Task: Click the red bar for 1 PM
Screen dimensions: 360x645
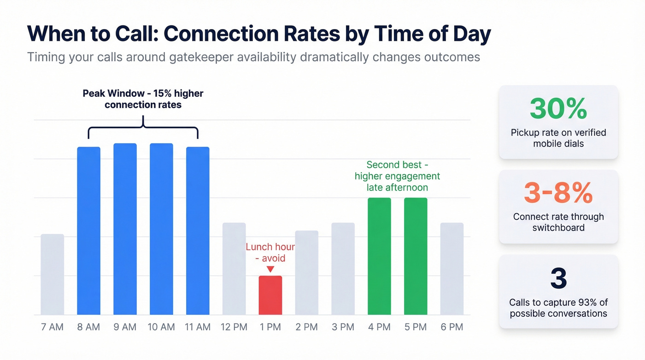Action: (270, 295)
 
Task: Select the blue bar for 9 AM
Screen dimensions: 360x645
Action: (125, 229)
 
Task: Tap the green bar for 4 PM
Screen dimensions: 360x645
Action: (379, 256)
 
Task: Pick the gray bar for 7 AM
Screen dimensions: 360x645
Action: (52, 274)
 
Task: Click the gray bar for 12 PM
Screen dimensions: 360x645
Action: (234, 269)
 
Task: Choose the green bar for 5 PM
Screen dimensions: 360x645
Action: (416, 256)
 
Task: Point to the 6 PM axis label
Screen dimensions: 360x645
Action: (451, 327)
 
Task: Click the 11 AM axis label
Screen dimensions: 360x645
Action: (198, 327)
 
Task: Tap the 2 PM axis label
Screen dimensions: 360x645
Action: (306, 327)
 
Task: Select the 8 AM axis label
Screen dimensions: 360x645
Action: (88, 327)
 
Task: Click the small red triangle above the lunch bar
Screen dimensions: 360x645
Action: (270, 269)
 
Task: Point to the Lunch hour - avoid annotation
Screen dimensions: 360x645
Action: (270, 252)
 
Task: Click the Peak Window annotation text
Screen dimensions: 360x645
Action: (143, 99)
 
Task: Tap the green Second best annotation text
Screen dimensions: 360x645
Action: (397, 176)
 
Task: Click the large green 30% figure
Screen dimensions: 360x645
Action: (558, 109)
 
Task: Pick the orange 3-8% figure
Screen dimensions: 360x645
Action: (558, 194)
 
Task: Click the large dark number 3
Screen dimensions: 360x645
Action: (558, 278)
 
